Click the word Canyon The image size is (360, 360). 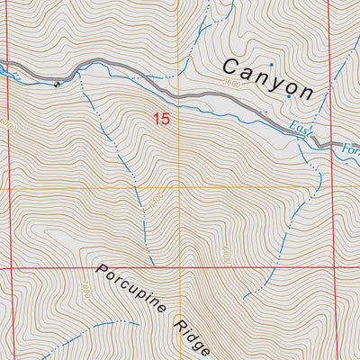267,78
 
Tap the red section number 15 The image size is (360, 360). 161,118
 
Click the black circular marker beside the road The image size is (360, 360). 58,85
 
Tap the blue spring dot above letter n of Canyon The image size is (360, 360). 271,65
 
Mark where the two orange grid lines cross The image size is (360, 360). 179,188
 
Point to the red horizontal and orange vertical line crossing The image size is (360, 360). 179,268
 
